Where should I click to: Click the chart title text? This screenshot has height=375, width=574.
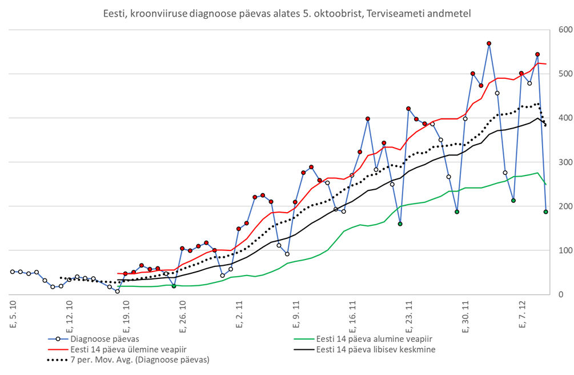coord(287,12)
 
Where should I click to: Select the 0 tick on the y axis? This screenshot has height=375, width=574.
coord(562,294)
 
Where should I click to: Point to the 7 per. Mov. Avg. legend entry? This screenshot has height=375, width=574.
coord(139,360)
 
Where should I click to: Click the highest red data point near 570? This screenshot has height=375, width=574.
coord(489,43)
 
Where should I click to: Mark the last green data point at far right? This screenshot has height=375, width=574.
coord(546,212)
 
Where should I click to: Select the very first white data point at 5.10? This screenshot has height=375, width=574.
coord(13,272)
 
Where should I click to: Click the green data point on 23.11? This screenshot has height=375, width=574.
coord(400,224)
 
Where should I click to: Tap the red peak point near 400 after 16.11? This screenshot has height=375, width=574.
coord(368,119)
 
